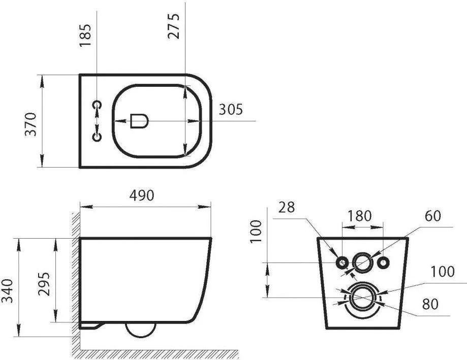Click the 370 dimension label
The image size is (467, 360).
pos(30,124)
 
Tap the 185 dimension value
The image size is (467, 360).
pos(85,35)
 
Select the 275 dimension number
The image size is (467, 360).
pos(174,26)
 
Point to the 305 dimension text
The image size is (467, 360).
pos(231,110)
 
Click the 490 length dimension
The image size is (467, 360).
pos(142,195)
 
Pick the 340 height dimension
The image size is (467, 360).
pos(7,290)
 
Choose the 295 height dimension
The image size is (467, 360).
pos(44,283)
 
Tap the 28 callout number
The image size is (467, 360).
pos(287,207)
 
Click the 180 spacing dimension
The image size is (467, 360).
pos(360,216)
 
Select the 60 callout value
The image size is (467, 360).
pos(433,216)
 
